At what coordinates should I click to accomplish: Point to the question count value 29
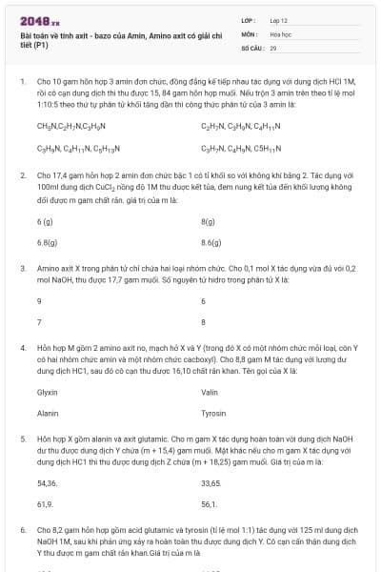pos(272,47)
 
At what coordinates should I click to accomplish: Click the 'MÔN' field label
pos(249,33)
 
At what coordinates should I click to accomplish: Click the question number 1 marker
pos(22,83)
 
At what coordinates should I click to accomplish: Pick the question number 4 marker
pos(22,349)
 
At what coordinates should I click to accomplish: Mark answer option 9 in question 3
pos(39,300)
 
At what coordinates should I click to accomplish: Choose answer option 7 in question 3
pos(39,321)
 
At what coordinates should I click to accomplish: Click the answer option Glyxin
pos(48,392)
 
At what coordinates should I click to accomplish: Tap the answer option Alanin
pos(48,414)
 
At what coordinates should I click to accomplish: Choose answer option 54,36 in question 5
pos(47,484)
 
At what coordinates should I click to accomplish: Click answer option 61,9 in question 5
pos(45,504)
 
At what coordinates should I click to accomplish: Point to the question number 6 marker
pos(22,527)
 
